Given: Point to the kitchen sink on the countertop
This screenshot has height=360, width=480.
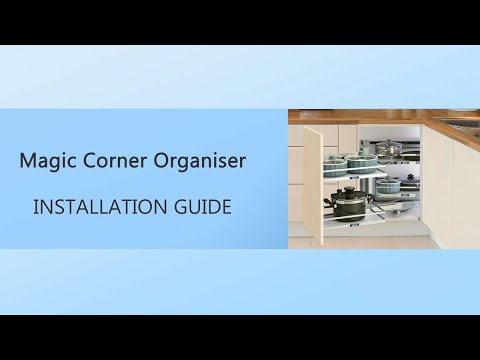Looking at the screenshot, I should (459, 121).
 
